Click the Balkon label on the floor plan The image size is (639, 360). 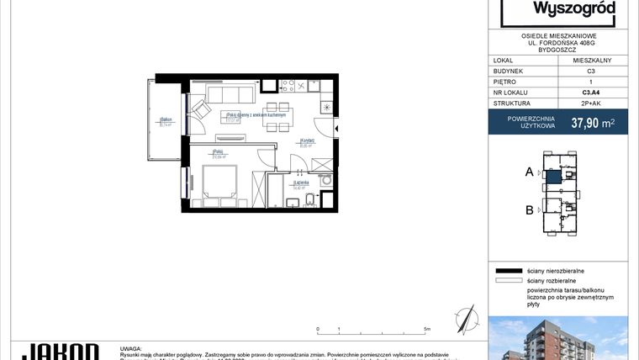pos(166,121)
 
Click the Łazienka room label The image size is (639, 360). pos(300,183)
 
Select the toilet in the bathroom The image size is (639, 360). pos(309,199)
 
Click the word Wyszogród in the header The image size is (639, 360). pos(558,9)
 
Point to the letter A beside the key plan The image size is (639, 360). pos(530,172)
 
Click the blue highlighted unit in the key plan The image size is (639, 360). pos(555,177)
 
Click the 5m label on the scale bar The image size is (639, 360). pos(428,329)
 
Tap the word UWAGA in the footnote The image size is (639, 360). pos(131,346)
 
